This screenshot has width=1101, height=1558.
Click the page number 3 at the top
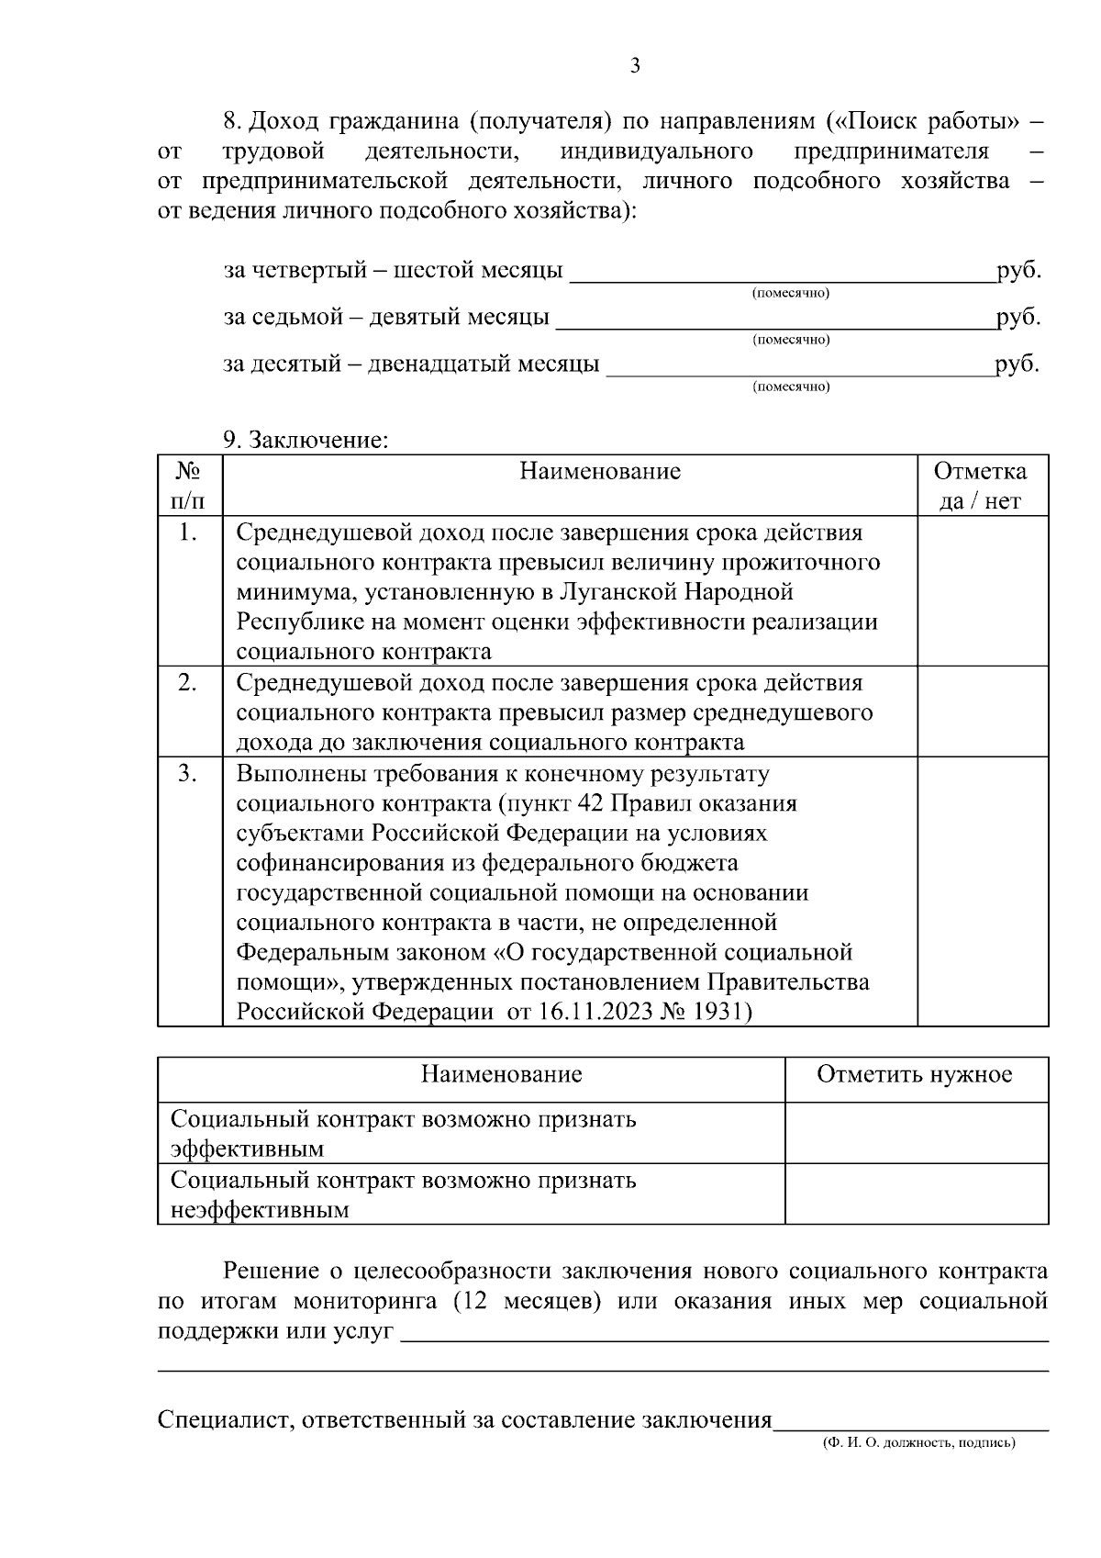tap(635, 65)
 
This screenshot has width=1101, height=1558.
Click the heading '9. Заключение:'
tap(306, 440)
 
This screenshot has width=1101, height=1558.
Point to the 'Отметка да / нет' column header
tap(981, 486)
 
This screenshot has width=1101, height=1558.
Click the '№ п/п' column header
tap(189, 486)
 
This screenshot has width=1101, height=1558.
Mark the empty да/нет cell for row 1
tap(983, 591)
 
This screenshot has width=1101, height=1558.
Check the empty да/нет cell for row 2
tap(983, 712)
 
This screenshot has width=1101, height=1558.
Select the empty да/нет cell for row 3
tap(983, 891)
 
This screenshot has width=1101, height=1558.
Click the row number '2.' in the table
tap(188, 683)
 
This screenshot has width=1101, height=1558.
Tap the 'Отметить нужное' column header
tap(915, 1074)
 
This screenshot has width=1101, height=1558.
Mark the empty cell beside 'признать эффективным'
tap(916, 1134)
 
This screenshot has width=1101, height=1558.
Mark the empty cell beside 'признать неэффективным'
tap(916, 1194)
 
